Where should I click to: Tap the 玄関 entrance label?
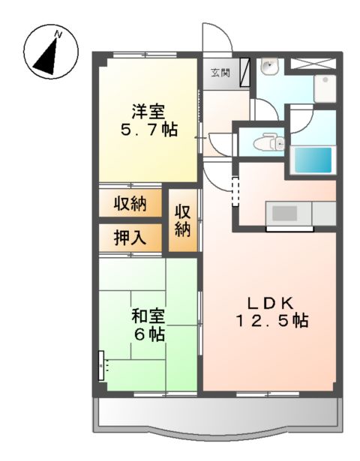coord(220,73)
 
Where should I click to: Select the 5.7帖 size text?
coord(150,130)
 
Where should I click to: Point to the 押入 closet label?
coord(129,238)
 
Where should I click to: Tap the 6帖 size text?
coord(149,335)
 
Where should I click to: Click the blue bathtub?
coord(311,160)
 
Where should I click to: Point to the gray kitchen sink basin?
coord(284,214)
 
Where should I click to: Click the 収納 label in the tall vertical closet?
coord(183,217)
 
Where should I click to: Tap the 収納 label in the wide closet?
coord(129,203)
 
